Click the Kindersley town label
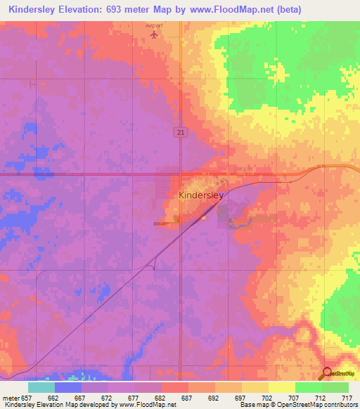(x=201, y=196)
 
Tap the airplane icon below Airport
(x=154, y=34)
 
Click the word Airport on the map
(x=154, y=25)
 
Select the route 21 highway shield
(x=180, y=133)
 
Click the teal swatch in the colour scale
(x=41, y=387)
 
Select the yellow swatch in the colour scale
(x=281, y=387)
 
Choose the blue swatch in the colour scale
(x=67, y=387)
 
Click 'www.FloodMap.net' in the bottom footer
(x=147, y=405)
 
